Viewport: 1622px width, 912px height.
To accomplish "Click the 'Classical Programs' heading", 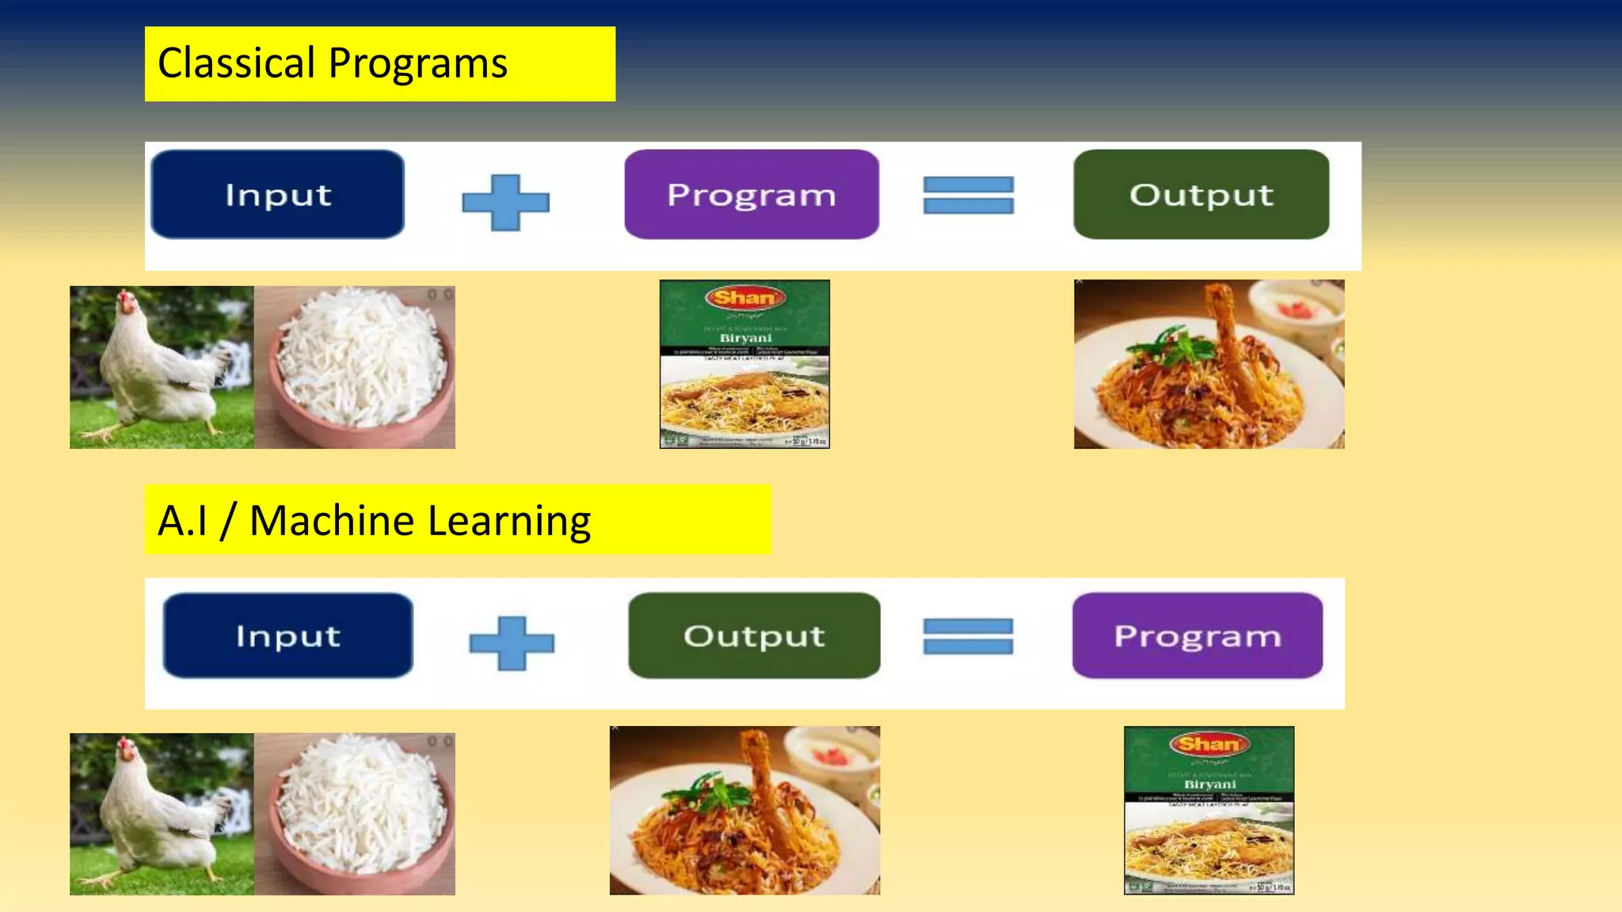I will click(333, 63).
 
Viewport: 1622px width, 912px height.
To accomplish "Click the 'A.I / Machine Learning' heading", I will click(374, 521).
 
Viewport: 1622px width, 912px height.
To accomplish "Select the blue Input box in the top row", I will click(277, 195).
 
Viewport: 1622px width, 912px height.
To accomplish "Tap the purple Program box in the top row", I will click(751, 195).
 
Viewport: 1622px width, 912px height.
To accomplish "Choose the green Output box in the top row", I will click(1201, 195).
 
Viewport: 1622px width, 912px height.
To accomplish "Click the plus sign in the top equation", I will click(505, 203).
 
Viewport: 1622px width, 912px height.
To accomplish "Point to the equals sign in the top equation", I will click(968, 196).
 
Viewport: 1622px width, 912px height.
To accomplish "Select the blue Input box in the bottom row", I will click(287, 636).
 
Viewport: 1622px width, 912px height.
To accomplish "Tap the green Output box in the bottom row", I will click(754, 636).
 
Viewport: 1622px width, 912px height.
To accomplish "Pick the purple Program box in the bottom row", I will click(1197, 636).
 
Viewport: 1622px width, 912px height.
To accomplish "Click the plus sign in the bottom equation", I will click(511, 643).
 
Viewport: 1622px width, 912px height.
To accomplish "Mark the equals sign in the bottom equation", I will click(967, 636).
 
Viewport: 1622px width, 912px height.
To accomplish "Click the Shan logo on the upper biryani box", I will click(744, 298).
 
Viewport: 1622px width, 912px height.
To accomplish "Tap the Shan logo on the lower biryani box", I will click(1208, 744).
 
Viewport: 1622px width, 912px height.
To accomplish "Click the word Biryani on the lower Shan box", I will click(1209, 784).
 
